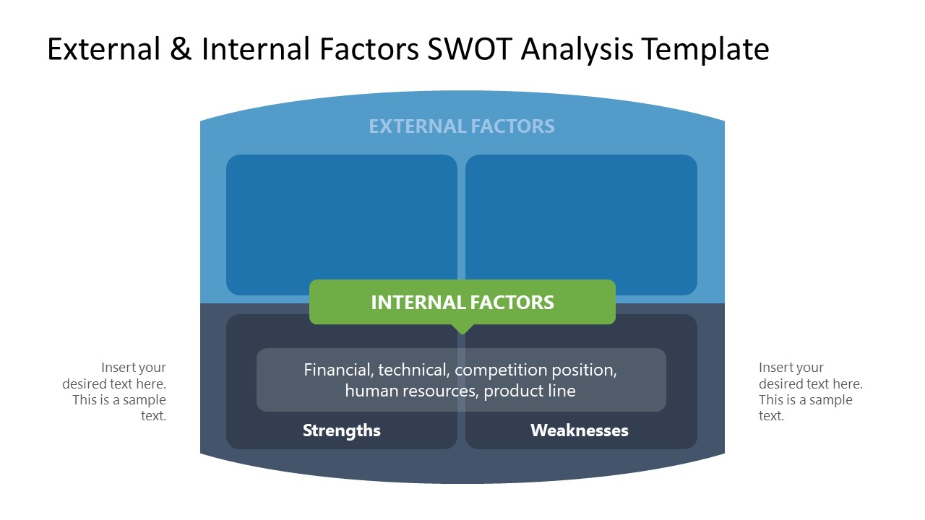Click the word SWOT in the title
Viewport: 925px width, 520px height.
coord(470,49)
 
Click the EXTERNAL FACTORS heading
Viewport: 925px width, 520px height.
coord(462,126)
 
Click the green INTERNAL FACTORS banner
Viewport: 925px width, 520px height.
coord(462,302)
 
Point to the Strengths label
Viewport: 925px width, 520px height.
coord(341,430)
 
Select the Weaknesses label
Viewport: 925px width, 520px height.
coord(579,430)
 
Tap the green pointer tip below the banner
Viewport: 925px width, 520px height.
coord(462,329)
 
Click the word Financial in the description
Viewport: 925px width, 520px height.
coord(337,370)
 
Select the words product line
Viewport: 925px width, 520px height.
coord(530,391)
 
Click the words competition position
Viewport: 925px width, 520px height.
coord(535,370)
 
